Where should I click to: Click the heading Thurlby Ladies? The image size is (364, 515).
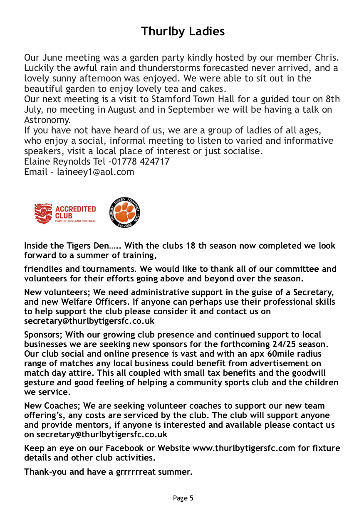click(x=182, y=32)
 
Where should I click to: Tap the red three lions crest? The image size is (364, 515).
click(x=43, y=213)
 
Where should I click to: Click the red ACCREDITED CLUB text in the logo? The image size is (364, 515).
click(x=75, y=212)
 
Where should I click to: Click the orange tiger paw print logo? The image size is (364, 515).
click(x=124, y=213)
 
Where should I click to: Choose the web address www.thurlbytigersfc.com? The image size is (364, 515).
click(x=243, y=448)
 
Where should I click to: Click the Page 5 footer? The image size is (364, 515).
click(x=183, y=498)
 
